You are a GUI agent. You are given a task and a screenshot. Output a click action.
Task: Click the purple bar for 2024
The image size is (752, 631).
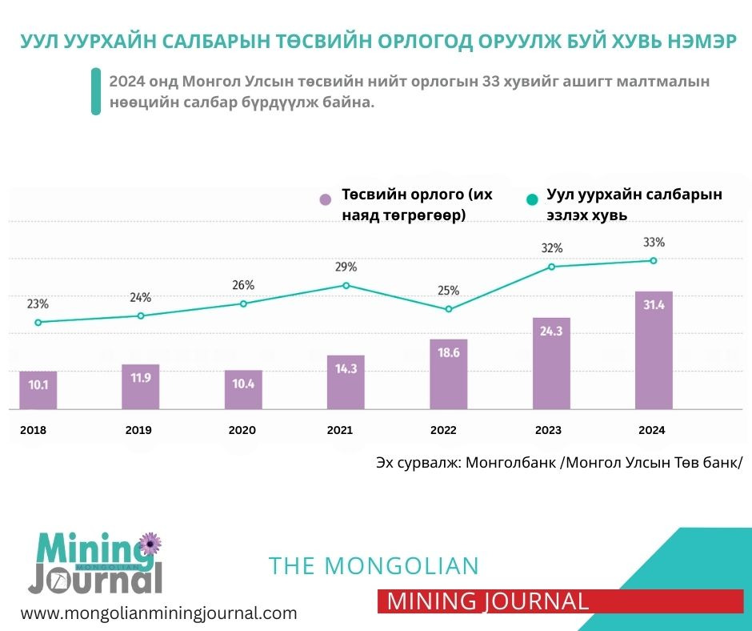[x=653, y=351]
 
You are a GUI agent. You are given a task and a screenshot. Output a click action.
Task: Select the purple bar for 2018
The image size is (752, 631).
[x=38, y=391]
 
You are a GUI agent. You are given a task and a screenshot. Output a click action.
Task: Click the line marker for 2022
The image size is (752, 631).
[x=449, y=309]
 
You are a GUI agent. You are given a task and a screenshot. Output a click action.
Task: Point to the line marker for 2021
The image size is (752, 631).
[x=346, y=285]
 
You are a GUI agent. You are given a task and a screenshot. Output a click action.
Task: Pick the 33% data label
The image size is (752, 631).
[x=653, y=243]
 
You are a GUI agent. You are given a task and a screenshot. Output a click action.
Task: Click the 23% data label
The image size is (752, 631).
[x=38, y=304]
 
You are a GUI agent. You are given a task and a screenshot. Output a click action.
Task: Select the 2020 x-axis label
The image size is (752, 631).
[x=242, y=430]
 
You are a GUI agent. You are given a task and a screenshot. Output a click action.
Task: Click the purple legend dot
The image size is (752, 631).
[x=325, y=199]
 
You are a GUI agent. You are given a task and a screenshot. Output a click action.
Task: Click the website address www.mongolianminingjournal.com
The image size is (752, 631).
[x=158, y=613]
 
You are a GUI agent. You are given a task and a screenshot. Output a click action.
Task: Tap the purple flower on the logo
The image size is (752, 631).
[x=150, y=545]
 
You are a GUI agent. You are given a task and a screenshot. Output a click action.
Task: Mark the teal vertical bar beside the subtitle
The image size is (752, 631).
[x=96, y=92]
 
